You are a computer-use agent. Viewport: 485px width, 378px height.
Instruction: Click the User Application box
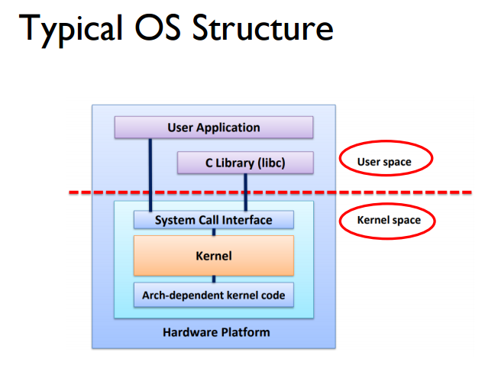(214, 128)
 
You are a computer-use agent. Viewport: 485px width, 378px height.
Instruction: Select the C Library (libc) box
(245, 163)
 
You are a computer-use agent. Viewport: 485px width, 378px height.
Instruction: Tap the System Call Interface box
(213, 220)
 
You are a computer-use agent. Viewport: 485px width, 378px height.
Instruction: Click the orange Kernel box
(214, 256)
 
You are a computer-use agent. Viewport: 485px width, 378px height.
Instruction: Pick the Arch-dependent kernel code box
(214, 295)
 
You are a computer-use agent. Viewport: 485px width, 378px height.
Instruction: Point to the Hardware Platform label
(216, 333)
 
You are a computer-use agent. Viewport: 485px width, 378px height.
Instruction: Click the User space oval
(384, 162)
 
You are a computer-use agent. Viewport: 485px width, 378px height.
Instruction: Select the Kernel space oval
(389, 221)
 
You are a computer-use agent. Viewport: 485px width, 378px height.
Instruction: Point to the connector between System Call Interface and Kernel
(214, 231)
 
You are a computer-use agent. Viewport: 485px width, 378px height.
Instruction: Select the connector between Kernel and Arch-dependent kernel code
(214, 279)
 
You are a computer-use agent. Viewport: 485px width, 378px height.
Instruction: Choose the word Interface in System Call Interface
(247, 220)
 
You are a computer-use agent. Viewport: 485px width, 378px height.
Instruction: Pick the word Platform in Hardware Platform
(244, 333)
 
